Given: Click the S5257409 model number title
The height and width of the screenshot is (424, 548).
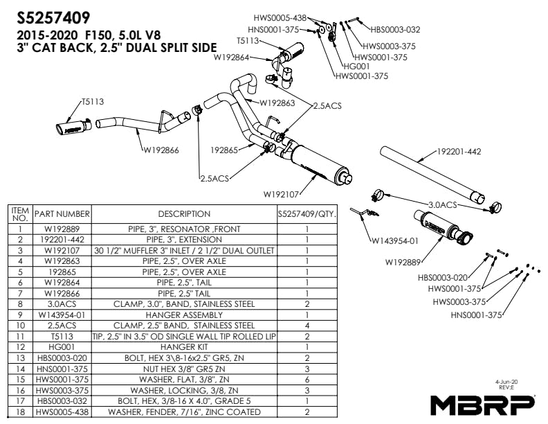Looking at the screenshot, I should click(x=53, y=16).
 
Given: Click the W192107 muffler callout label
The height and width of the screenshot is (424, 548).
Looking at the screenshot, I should click(x=284, y=193).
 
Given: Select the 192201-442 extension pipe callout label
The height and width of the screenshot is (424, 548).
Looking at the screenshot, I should click(x=459, y=151).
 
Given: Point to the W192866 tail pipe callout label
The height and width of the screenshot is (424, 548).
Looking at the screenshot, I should click(x=161, y=149).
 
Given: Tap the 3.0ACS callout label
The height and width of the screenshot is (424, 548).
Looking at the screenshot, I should click(x=443, y=204).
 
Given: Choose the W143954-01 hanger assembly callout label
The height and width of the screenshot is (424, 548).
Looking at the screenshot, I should click(x=395, y=241).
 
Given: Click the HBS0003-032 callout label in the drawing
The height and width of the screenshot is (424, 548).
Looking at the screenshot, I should click(x=395, y=30).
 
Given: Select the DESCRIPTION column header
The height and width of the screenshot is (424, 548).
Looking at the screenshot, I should click(x=184, y=214).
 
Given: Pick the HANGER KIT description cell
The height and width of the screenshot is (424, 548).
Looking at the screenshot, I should click(x=184, y=346).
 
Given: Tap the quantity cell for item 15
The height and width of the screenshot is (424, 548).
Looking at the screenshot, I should click(x=306, y=380).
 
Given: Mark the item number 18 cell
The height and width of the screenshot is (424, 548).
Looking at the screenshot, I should click(x=21, y=413).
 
